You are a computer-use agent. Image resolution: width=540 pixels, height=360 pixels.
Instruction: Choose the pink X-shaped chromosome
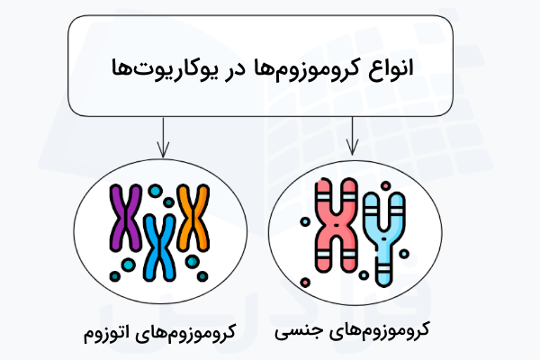pyautogui.click(x=334, y=225)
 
